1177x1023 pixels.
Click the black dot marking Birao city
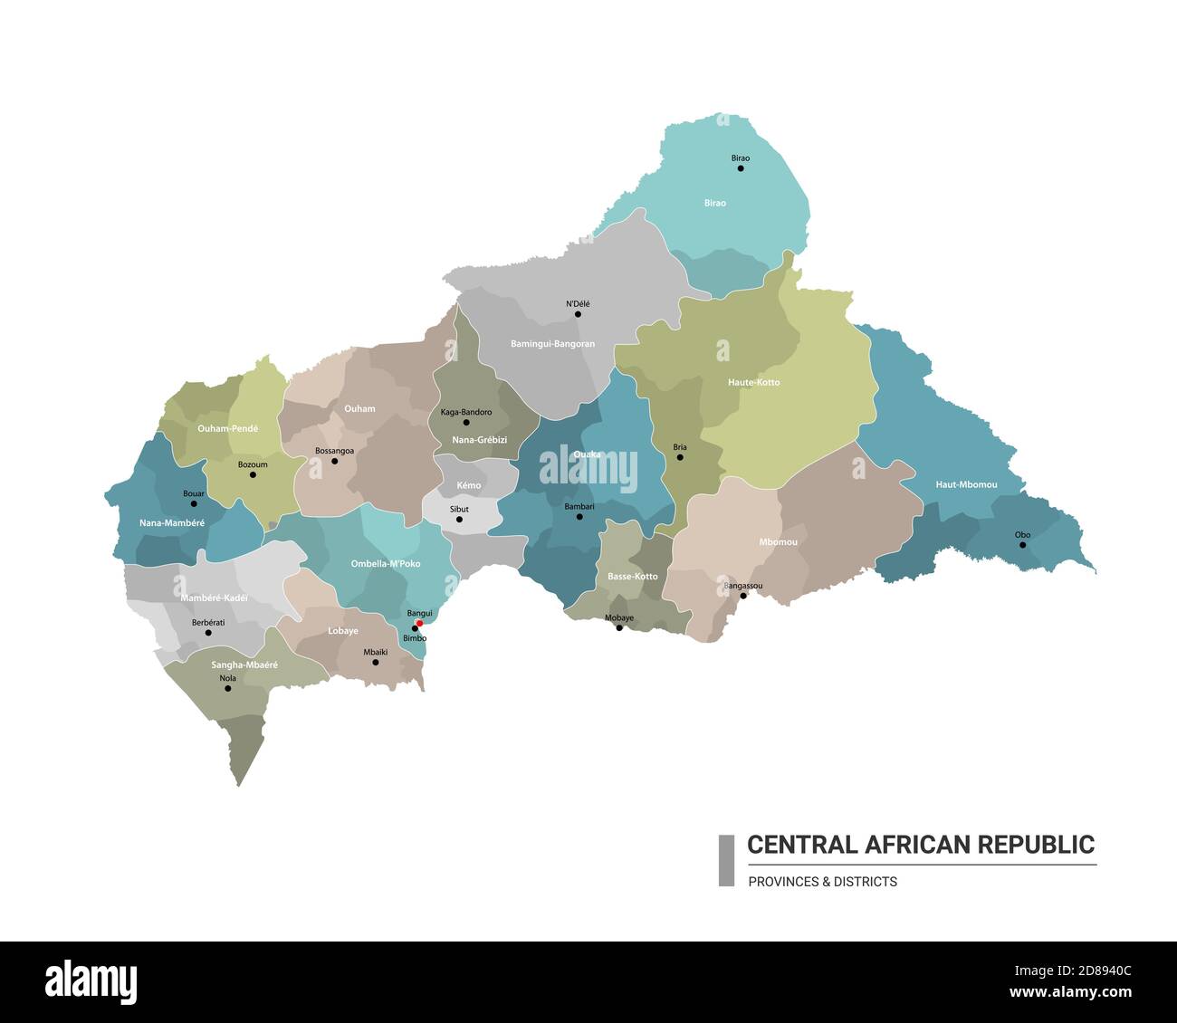(741, 168)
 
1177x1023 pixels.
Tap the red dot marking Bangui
(419, 623)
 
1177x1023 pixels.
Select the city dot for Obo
(1022, 545)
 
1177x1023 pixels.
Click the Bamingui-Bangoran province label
(552, 344)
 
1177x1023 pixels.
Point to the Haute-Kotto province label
(753, 382)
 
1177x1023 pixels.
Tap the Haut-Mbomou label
(966, 484)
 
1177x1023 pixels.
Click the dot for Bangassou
(742, 596)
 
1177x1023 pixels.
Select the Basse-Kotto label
(632, 576)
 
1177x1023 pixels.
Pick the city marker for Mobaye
(619, 627)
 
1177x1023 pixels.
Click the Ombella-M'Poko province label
(386, 564)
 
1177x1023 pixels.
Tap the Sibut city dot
(459, 520)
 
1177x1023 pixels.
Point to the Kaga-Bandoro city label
(466, 412)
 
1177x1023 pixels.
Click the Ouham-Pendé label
(227, 428)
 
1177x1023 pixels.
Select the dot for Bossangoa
(334, 461)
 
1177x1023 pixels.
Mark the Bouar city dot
(193, 503)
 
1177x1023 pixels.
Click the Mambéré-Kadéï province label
(214, 598)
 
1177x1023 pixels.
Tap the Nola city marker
(227, 688)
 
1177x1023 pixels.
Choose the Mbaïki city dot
(376, 662)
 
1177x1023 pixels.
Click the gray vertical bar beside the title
(726, 860)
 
